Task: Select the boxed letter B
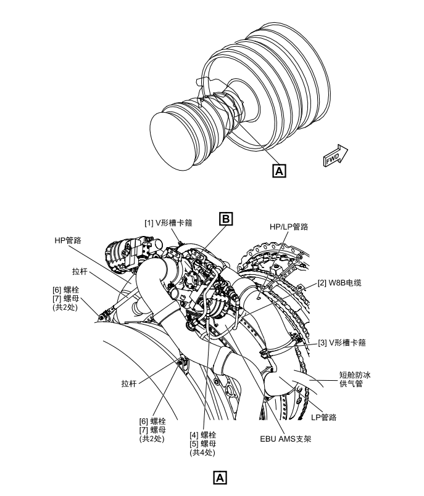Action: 227,218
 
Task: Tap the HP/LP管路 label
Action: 289,227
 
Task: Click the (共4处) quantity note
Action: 203,452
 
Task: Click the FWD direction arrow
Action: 336,155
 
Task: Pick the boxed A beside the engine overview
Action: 278,170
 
